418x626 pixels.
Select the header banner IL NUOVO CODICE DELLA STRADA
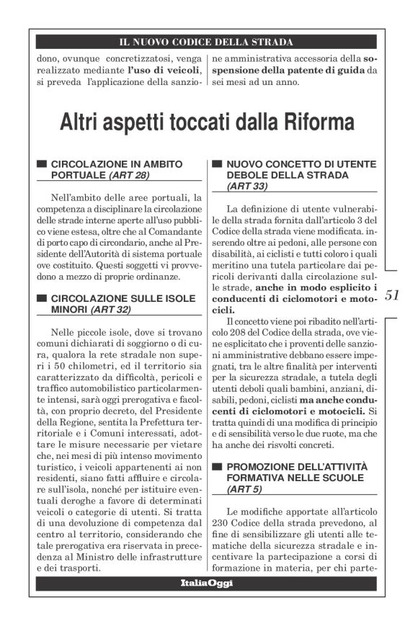pos(208,42)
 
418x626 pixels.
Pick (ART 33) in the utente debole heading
pos(246,186)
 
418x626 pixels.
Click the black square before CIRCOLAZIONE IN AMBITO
pos(42,164)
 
